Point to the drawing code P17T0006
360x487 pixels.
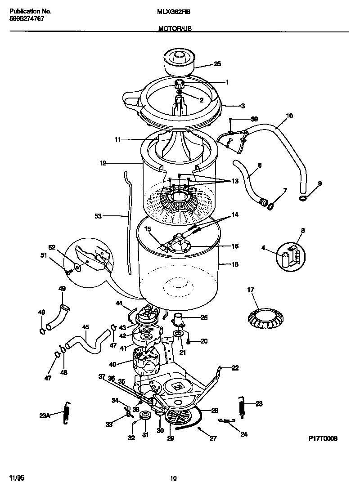pyautogui.click(x=323, y=438)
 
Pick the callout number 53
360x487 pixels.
pyautogui.click(x=99, y=216)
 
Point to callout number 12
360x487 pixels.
pyautogui.click(x=103, y=163)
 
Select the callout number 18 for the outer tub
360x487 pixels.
pyautogui.click(x=234, y=264)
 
